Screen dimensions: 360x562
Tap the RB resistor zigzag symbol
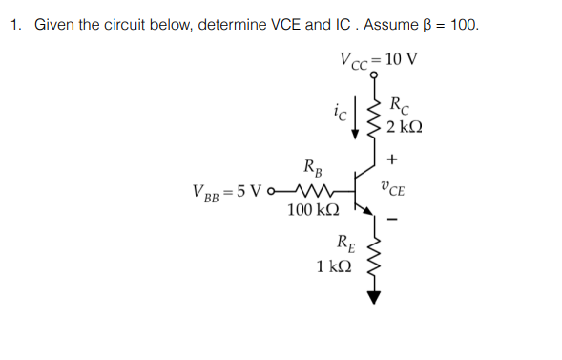pos(314,187)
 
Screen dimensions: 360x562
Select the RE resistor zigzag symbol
pos(374,260)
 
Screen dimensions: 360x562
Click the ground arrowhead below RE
pos(374,297)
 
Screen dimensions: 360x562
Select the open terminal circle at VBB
pos(276,187)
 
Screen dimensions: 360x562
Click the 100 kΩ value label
pos(310,208)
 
